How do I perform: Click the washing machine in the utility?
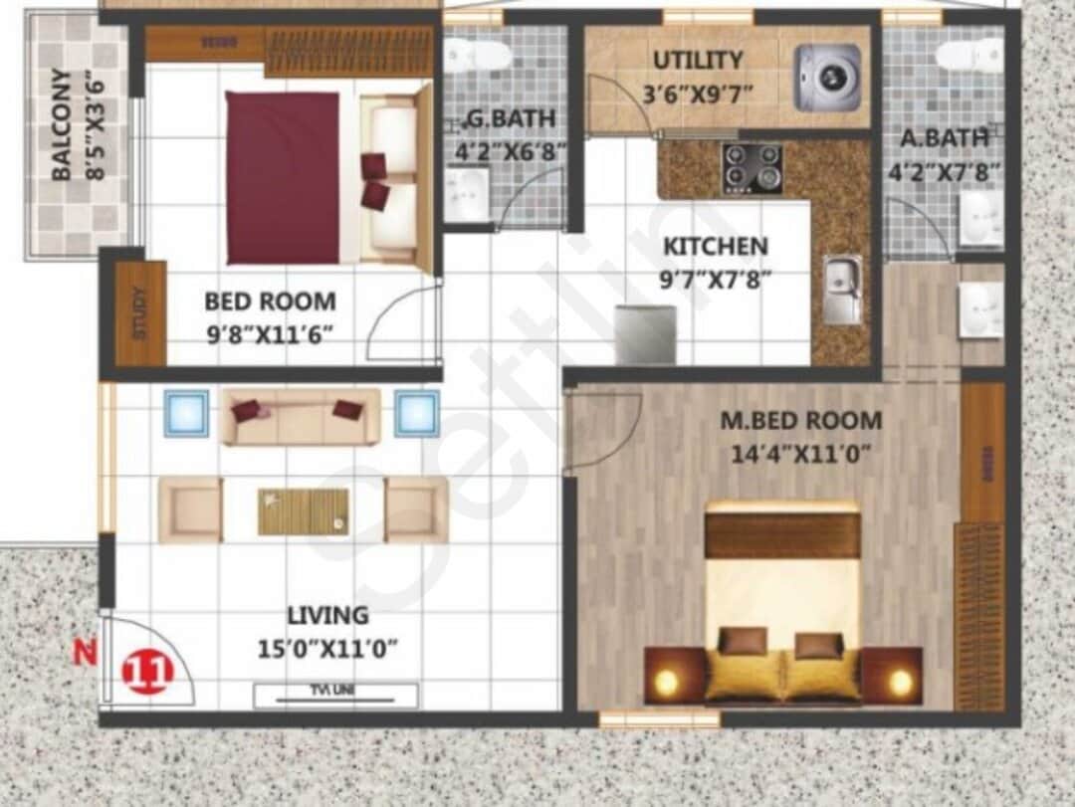click(827, 78)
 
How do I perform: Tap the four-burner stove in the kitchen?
click(752, 168)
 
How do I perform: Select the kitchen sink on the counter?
click(842, 290)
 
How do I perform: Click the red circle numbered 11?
click(147, 672)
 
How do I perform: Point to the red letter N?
click(87, 654)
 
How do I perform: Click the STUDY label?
click(139, 313)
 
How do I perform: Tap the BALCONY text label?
click(62, 123)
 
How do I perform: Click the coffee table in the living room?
click(304, 511)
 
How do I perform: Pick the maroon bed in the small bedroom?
click(283, 178)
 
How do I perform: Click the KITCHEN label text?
click(716, 246)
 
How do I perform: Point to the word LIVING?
click(327, 615)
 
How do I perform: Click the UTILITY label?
click(697, 61)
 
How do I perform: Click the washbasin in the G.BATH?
click(465, 194)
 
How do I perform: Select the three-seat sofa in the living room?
click(301, 415)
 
